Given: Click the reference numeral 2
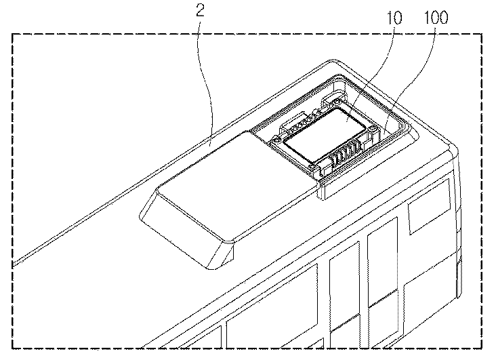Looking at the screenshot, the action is click(x=201, y=10).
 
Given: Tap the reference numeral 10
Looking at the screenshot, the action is click(x=394, y=18).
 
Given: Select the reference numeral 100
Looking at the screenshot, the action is click(x=436, y=17).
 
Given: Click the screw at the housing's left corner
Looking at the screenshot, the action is click(x=277, y=139).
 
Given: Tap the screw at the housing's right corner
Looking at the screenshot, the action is click(x=373, y=129).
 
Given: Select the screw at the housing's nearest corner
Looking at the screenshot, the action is click(x=313, y=166).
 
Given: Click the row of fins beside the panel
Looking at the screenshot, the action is click(x=346, y=151).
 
